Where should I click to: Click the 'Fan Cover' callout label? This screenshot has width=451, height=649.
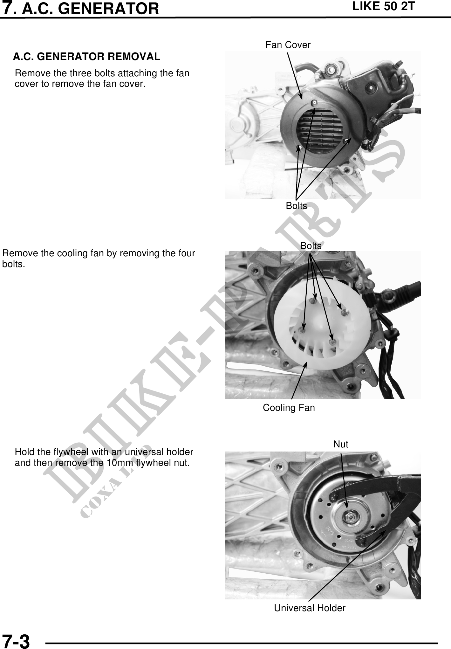point(288,45)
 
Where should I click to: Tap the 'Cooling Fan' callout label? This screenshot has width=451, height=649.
point(289,408)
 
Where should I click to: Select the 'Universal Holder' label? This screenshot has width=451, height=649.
point(310,608)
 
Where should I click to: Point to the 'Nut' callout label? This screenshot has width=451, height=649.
point(341,444)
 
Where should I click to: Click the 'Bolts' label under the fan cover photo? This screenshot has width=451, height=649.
point(297,206)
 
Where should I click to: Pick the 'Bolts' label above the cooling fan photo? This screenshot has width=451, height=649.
point(311,246)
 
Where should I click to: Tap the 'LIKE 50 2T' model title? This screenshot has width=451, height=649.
point(384,6)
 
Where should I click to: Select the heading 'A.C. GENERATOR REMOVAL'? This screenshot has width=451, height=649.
point(86,57)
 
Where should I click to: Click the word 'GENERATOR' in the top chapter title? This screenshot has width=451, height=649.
point(109,9)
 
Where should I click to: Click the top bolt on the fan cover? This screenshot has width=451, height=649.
point(314,102)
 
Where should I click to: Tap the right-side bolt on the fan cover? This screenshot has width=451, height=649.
point(346,140)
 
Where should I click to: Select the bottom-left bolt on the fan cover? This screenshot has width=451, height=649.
point(298,148)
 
